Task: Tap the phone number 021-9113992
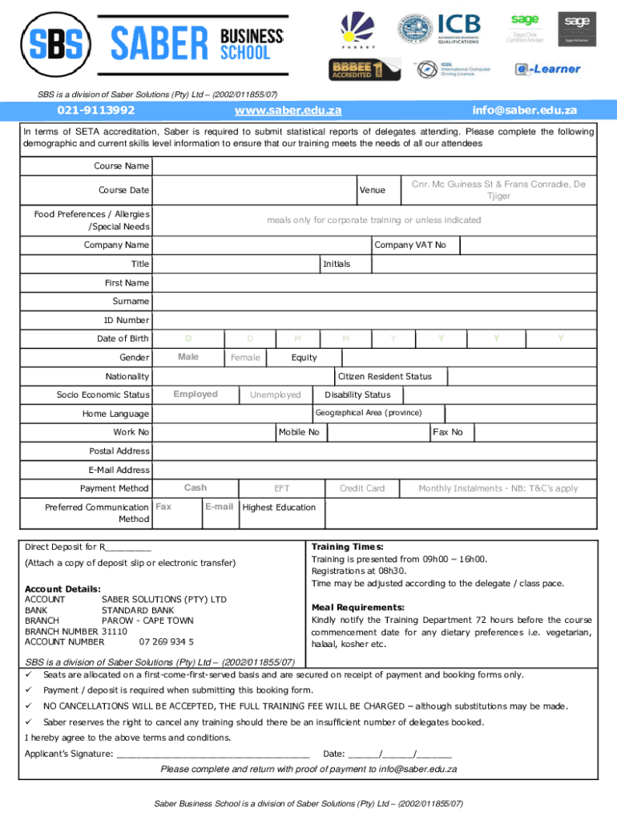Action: pos(95,110)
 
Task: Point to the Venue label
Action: pos(372,190)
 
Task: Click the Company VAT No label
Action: pos(410,245)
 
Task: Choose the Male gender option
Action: pos(188,357)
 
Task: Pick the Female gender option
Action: pos(245,358)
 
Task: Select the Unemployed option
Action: pos(275,394)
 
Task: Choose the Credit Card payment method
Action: pos(362,488)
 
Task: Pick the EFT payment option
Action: pos(282,488)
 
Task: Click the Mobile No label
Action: pos(299,432)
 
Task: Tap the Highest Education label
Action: pos(279,507)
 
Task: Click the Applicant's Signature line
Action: pos(212,754)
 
